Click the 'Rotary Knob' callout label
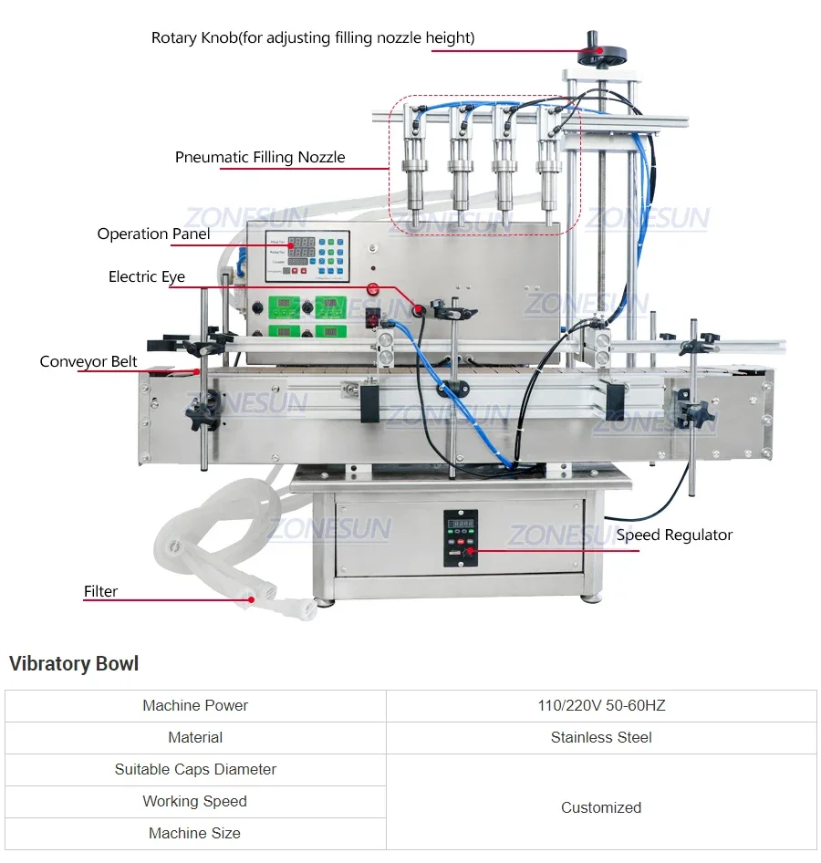pyautogui.click(x=313, y=38)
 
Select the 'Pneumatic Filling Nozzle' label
pyautogui.click(x=260, y=157)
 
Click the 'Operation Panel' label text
pyautogui.click(x=153, y=234)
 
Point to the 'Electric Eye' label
pyautogui.click(x=146, y=276)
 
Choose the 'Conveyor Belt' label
pyautogui.click(x=88, y=361)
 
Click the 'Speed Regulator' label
pyautogui.click(x=674, y=535)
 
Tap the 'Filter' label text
pyautogui.click(x=100, y=591)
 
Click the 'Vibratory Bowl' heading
pyautogui.click(x=74, y=663)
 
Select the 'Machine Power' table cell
pyautogui.click(x=195, y=705)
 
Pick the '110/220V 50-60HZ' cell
pyautogui.click(x=601, y=705)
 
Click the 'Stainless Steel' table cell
pyautogui.click(x=601, y=737)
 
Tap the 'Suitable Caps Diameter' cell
pyautogui.click(x=195, y=769)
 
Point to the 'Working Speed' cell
pyautogui.click(x=195, y=801)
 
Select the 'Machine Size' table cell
pyautogui.click(x=195, y=833)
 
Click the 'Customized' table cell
pyautogui.click(x=601, y=807)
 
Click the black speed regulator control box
pyautogui.click(x=461, y=537)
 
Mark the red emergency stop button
pyautogui.click(x=372, y=289)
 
